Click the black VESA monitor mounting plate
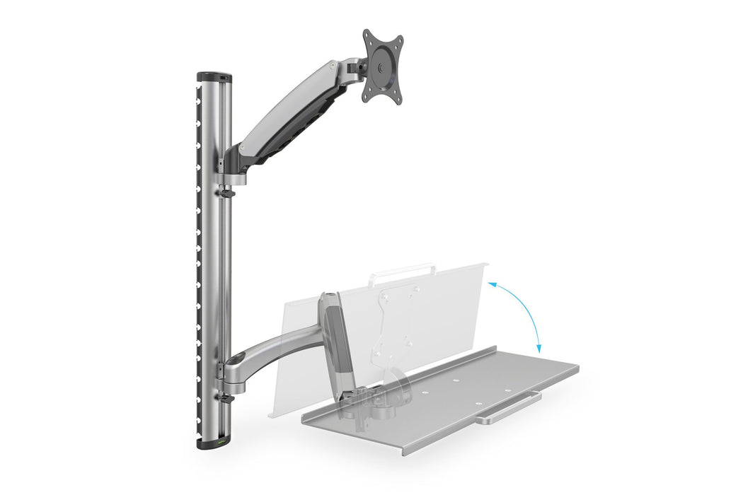tap(382, 66)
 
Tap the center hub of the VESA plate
tap(383, 68)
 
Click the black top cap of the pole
tap(214, 76)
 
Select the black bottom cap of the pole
tap(214, 444)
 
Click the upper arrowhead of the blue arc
tap(490, 283)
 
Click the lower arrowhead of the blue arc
tap(538, 349)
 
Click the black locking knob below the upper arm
tap(226, 191)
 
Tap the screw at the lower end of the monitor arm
tap(244, 150)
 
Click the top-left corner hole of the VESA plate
tap(369, 35)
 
